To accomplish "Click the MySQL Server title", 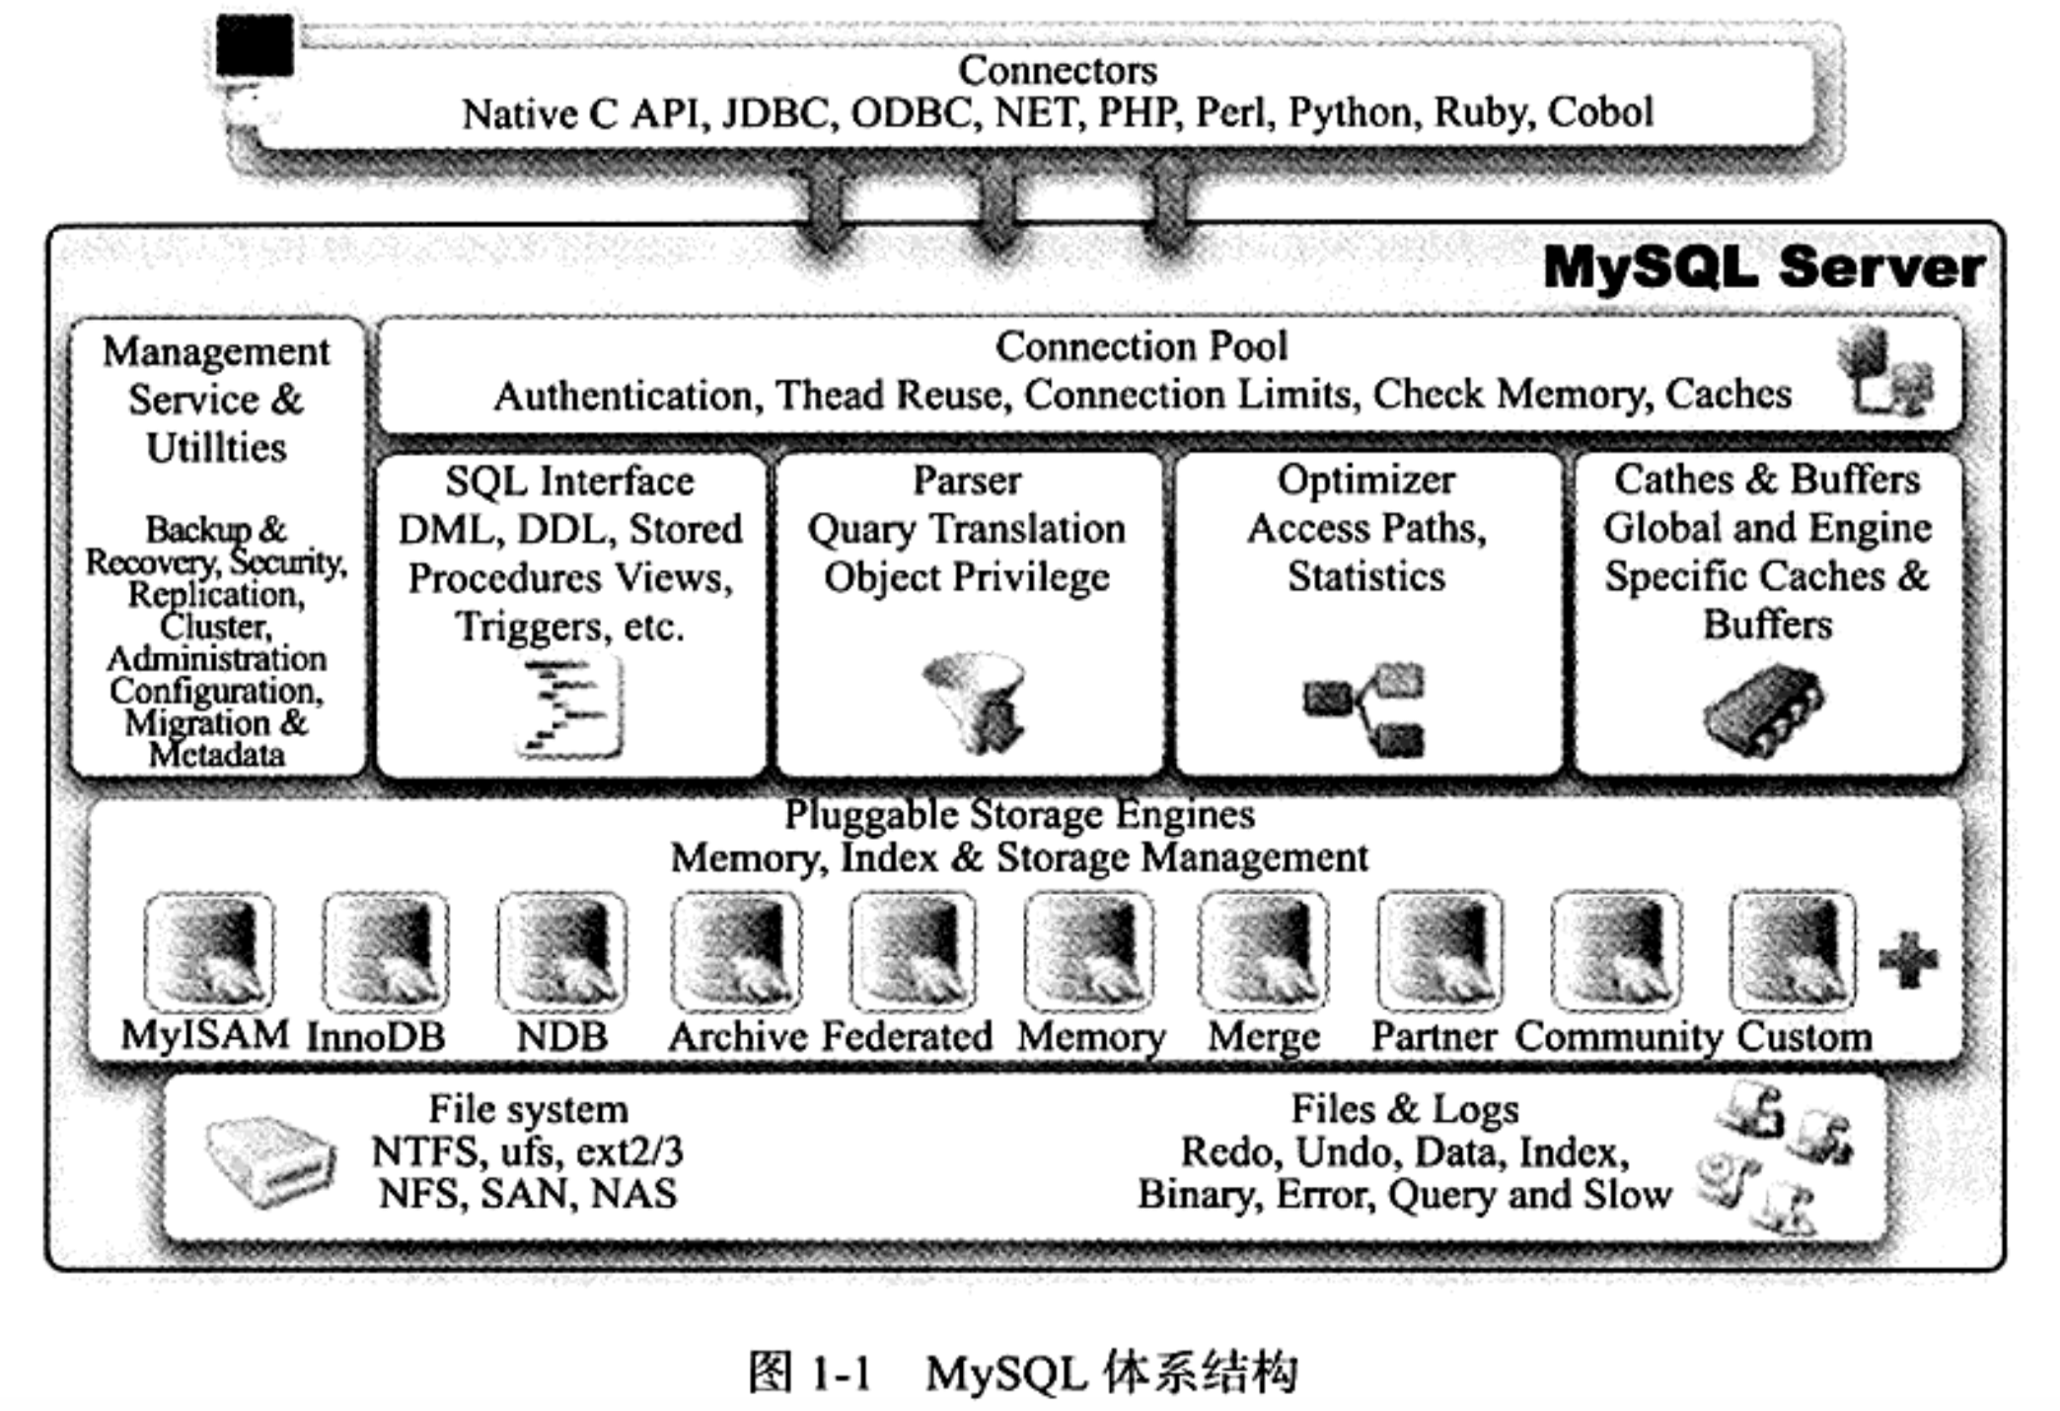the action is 1763,268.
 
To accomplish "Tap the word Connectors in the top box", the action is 1058,70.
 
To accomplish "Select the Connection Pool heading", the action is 1141,346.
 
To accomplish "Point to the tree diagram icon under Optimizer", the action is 1364,709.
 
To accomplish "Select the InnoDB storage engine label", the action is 376,1037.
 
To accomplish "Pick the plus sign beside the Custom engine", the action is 1909,959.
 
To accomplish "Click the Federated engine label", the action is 908,1036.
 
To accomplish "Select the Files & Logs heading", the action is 1405,1109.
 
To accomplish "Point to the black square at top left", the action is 255,45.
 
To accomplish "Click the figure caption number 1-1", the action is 842,1373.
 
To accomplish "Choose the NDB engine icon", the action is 561,951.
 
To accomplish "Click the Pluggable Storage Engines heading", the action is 1019,815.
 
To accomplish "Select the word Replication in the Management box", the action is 216,595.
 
